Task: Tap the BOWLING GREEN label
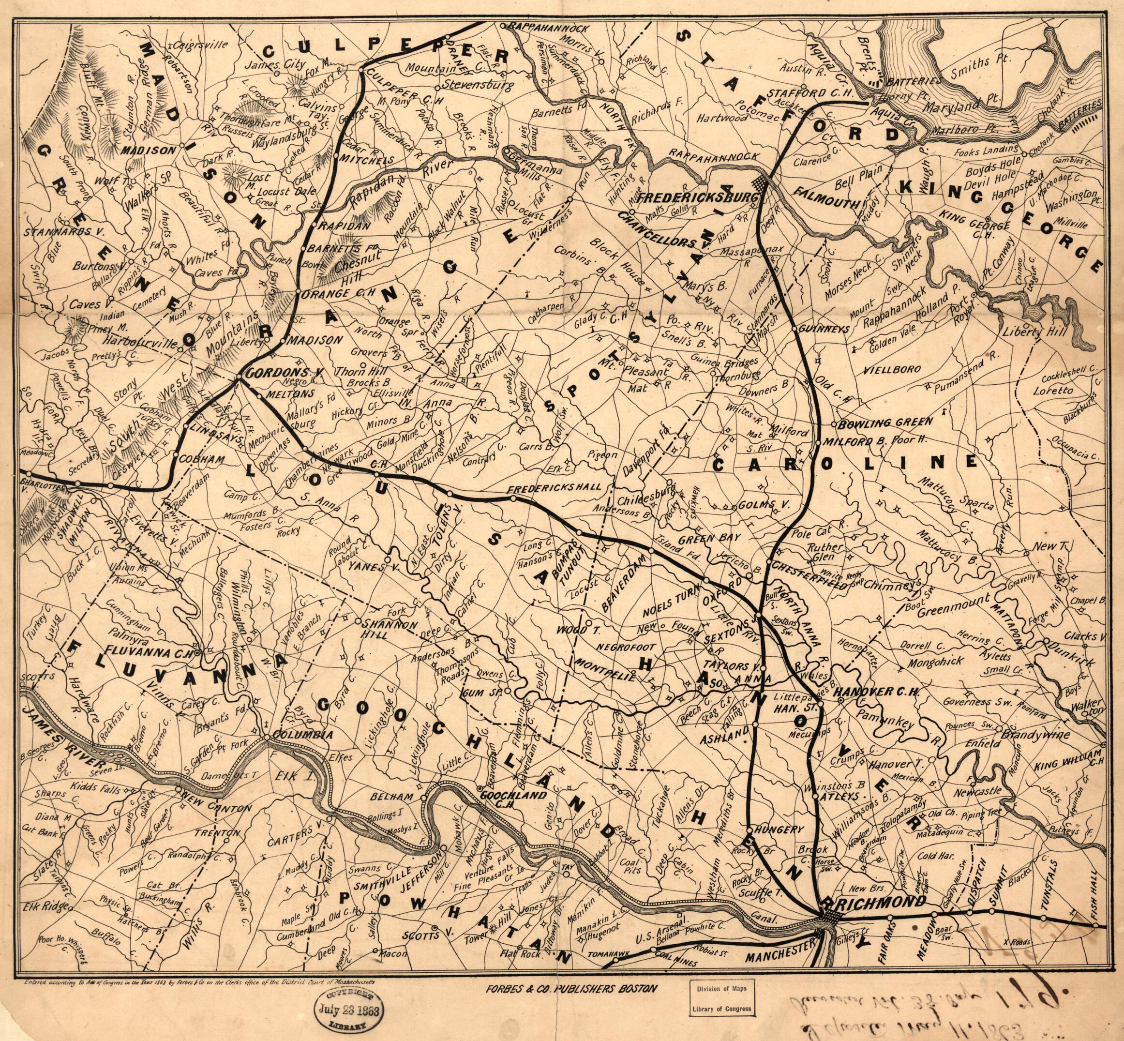pos(886,422)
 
